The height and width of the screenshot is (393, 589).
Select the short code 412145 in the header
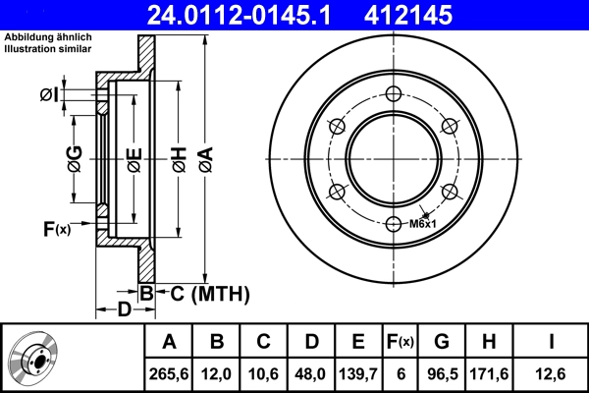(x=436, y=15)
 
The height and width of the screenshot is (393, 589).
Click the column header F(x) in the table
(x=402, y=342)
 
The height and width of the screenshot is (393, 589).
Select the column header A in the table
(x=169, y=342)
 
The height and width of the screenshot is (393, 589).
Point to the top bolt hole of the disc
(x=394, y=94)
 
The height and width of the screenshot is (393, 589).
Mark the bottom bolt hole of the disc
(x=394, y=223)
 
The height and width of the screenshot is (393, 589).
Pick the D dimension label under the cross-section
(x=124, y=311)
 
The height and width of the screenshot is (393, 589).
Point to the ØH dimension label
(x=180, y=160)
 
